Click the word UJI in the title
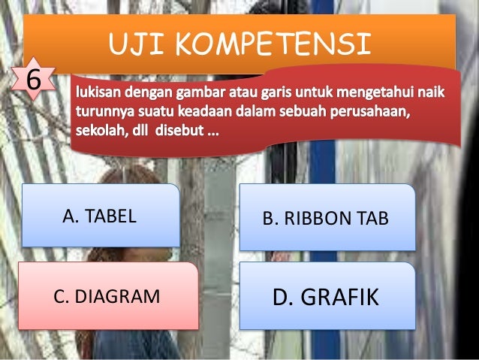[137, 44]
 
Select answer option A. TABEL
[100, 216]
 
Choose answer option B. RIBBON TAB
[326, 219]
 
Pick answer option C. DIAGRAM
[107, 296]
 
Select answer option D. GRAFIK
[326, 297]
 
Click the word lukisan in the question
[97, 96]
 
